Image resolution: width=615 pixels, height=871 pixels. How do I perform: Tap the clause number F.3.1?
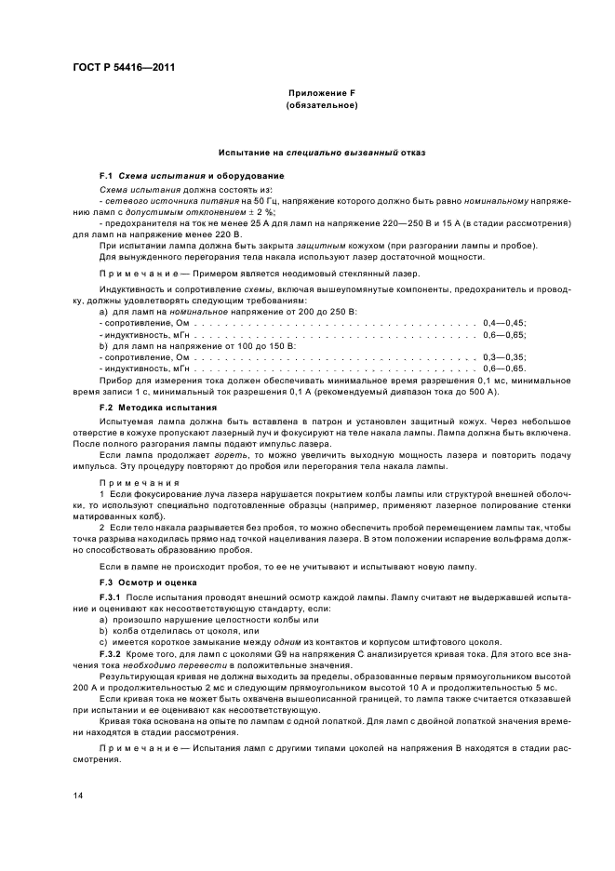(111, 596)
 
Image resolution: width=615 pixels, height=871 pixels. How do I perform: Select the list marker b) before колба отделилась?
(103, 630)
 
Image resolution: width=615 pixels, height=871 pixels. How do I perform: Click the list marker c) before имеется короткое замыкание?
(103, 642)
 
